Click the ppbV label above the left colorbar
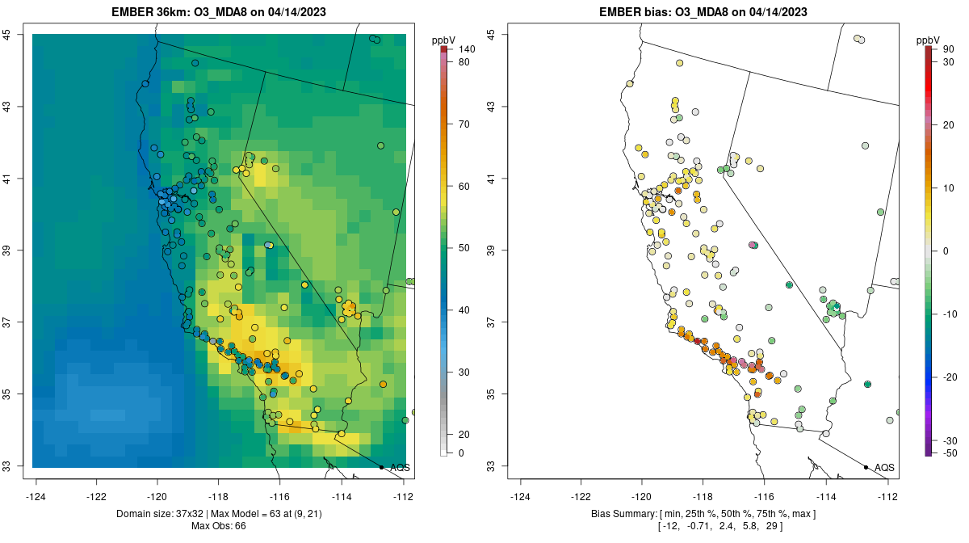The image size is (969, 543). [x=443, y=40]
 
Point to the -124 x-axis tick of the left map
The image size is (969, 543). [x=36, y=496]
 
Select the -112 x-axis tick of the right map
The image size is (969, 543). [x=887, y=496]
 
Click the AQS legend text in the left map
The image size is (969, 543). [x=401, y=468]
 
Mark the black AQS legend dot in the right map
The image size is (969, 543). [x=866, y=467]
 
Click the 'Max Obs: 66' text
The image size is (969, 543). [x=219, y=527]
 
